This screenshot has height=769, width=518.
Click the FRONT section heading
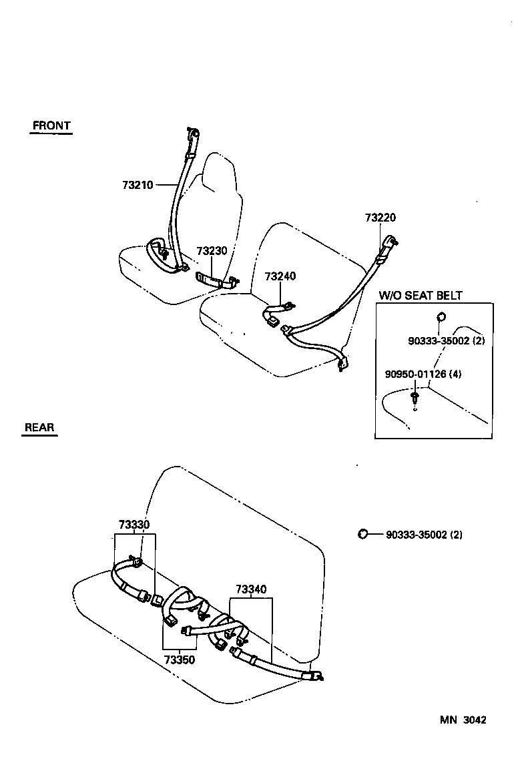[51, 125]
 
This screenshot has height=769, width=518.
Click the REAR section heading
[39, 427]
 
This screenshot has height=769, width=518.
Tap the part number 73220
[380, 218]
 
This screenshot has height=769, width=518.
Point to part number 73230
[212, 251]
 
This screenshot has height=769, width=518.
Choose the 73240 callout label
[280, 276]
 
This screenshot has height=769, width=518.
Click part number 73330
[134, 525]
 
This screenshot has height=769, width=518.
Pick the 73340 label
[251, 589]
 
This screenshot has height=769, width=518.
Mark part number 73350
[179, 660]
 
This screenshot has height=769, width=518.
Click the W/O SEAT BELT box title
[421, 295]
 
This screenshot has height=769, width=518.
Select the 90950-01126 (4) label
[423, 374]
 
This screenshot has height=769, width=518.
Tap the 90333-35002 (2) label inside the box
[446, 340]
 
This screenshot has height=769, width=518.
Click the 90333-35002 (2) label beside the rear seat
[424, 535]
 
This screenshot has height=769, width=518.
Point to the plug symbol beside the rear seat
[363, 533]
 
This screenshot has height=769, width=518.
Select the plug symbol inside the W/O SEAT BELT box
[441, 316]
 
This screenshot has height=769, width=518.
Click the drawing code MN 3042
[463, 720]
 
